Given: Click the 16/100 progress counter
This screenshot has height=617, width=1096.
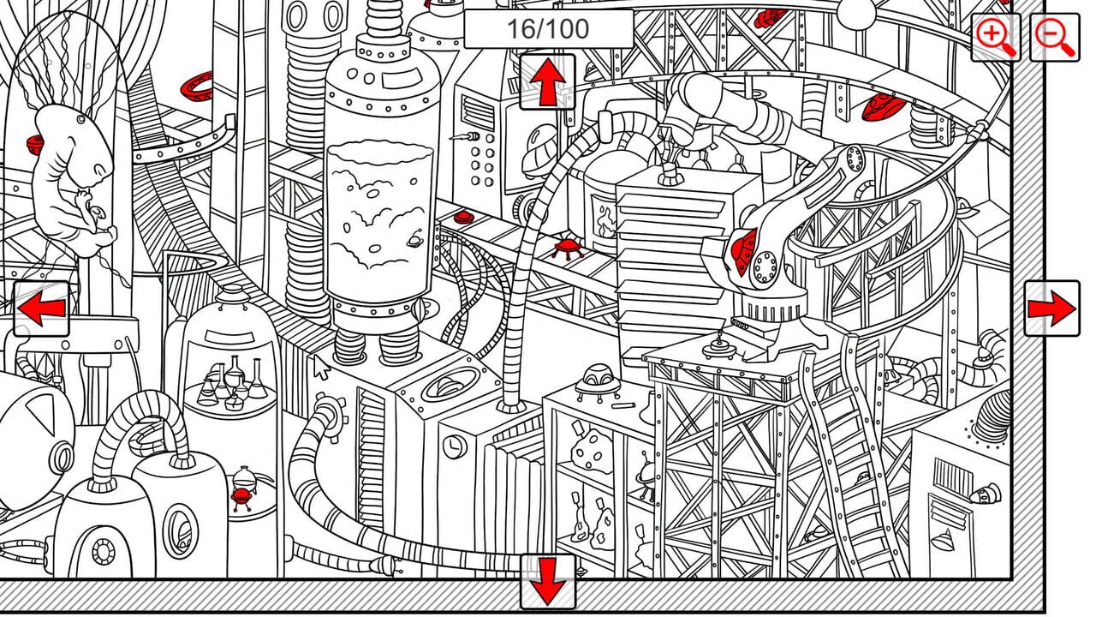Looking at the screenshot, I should coord(548,29).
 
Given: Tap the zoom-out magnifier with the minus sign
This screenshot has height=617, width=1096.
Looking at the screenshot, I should coord(1054,38).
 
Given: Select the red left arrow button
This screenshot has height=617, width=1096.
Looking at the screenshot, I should coord(41,308).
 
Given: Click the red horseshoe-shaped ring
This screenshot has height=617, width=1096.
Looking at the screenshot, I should coord(196,86).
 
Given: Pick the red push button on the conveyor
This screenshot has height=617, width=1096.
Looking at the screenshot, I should coord(463,217).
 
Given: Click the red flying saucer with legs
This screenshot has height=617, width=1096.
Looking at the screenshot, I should coord(565,249).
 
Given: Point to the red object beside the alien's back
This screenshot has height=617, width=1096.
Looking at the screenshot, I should coord(36,144).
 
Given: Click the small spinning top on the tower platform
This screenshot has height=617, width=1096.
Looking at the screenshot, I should coord(717,346).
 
